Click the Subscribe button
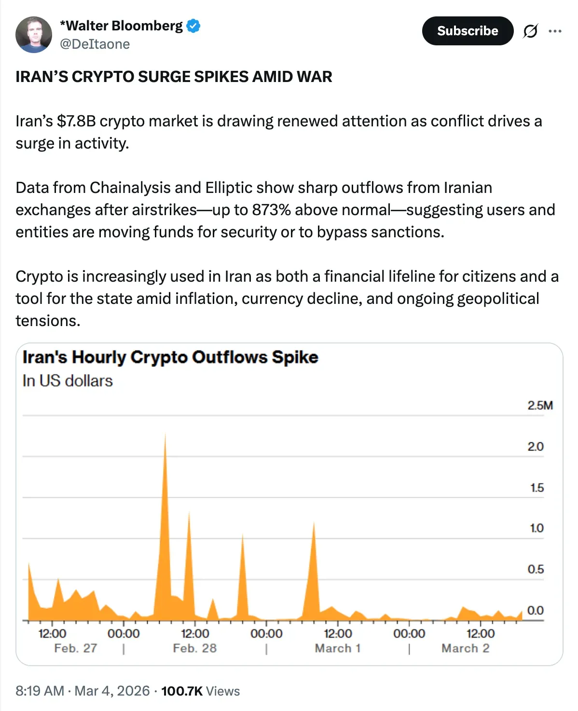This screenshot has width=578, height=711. click(x=467, y=31)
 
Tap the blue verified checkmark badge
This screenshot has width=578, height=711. click(x=193, y=26)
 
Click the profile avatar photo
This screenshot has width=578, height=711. click(x=34, y=35)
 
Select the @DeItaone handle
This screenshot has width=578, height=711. click(x=95, y=44)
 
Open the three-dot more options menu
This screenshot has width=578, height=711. click(x=555, y=31)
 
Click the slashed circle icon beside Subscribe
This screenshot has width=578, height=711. click(x=530, y=31)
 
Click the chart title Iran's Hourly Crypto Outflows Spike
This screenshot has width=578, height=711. click(x=170, y=357)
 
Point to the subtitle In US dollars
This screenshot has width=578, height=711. click(x=68, y=381)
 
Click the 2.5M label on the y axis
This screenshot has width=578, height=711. click(x=540, y=405)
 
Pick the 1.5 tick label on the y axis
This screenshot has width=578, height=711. click(x=537, y=488)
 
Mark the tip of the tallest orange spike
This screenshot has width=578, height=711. click(x=165, y=434)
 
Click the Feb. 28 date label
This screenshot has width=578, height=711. click(x=195, y=648)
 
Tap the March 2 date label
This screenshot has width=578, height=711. click(x=465, y=648)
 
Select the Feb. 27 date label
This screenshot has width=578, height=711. click(x=76, y=648)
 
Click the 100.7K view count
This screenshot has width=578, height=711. click(x=182, y=691)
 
